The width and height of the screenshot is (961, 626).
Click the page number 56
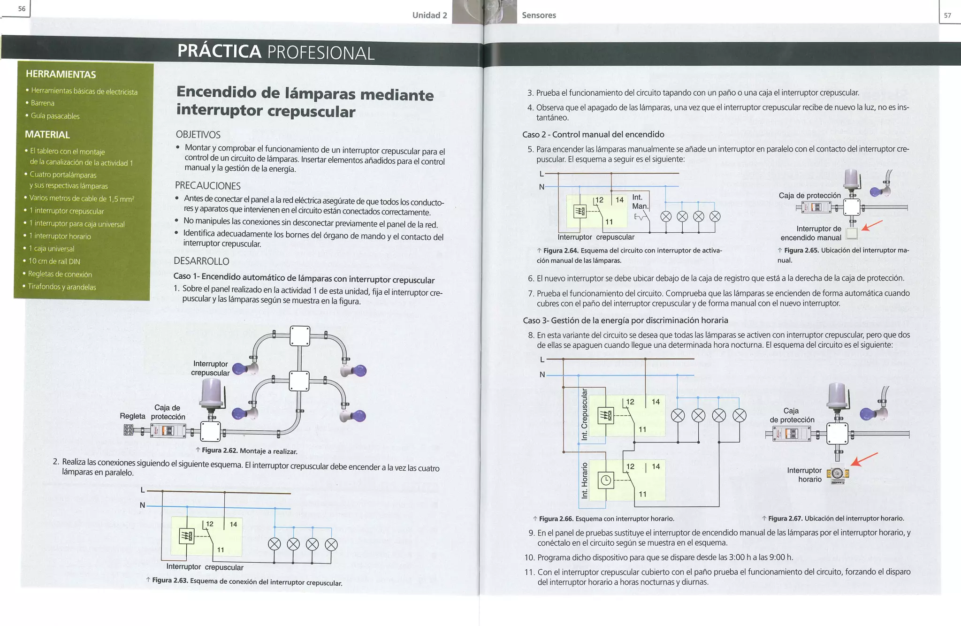click(22, 9)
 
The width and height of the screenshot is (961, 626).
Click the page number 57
click(947, 15)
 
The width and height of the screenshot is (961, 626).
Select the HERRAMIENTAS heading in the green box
click(61, 74)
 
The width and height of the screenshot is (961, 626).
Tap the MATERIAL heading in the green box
click(47, 135)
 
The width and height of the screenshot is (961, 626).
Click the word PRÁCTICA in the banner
click(219, 51)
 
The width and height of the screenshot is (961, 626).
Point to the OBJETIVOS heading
click(198, 135)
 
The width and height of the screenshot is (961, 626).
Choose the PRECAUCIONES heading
click(207, 186)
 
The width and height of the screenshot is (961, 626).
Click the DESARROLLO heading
click(201, 261)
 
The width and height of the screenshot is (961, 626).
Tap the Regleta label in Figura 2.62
click(132, 416)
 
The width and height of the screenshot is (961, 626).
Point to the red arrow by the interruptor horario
click(864, 459)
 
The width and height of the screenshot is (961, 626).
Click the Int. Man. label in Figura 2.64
click(640, 202)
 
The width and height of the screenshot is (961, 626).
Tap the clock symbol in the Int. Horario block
click(606, 480)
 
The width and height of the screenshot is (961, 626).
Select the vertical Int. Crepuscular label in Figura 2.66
click(584, 414)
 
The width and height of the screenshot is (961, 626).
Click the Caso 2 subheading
click(593, 135)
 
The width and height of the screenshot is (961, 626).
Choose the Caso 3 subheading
click(625, 321)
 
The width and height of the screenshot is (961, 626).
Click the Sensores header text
click(539, 15)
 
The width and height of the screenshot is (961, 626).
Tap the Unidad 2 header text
click(429, 15)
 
